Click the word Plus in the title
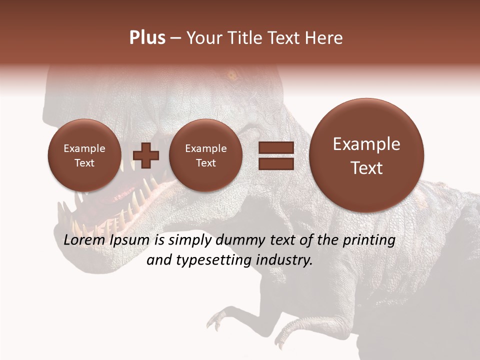[x=147, y=38]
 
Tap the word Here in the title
[x=324, y=38]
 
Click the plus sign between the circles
[x=146, y=155]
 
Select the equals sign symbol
[x=275, y=155]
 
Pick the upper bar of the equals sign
[x=275, y=148]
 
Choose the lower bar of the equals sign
[x=275, y=163]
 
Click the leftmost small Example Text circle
[x=84, y=155]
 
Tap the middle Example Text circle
[x=205, y=155]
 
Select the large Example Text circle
[x=366, y=155]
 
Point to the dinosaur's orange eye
[x=231, y=76]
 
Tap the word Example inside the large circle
[x=366, y=144]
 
